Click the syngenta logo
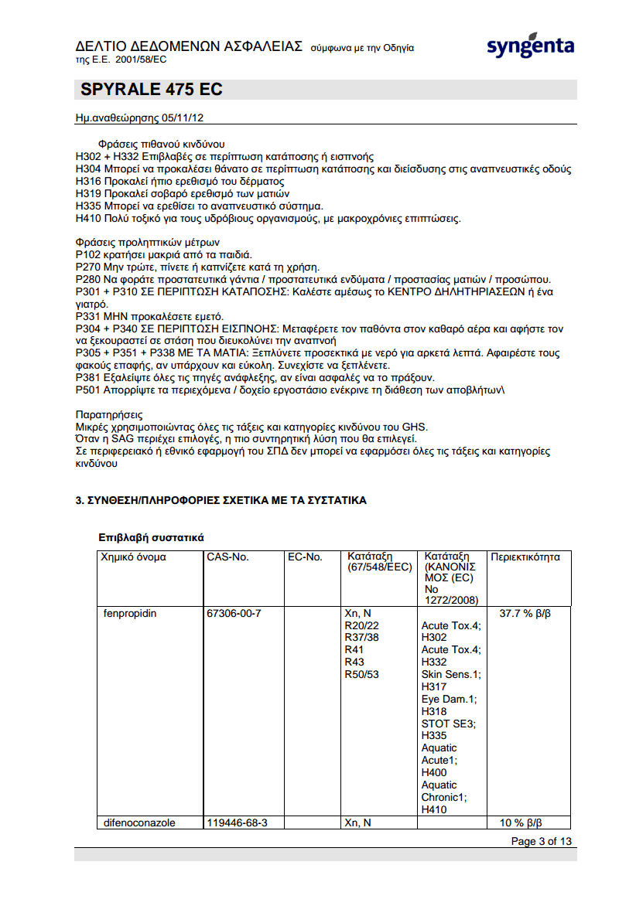(x=530, y=46)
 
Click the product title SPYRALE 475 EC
(x=152, y=90)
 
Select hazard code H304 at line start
(x=88, y=169)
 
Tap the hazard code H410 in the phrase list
(x=88, y=219)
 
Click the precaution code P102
(x=88, y=254)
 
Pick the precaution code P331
(x=88, y=316)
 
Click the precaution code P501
(x=88, y=390)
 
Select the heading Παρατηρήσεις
(x=109, y=415)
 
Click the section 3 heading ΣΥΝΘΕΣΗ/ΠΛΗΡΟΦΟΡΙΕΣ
(x=221, y=501)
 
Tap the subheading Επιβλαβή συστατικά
(x=151, y=536)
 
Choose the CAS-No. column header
(x=227, y=557)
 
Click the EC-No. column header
(x=305, y=557)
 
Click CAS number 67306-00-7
(x=234, y=614)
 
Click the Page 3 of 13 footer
(x=542, y=841)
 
